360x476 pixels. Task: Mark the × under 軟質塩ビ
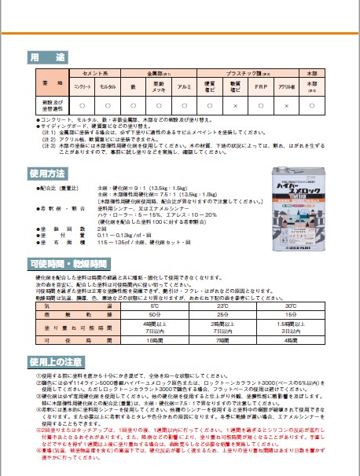236,104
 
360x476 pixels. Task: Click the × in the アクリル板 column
287,104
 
